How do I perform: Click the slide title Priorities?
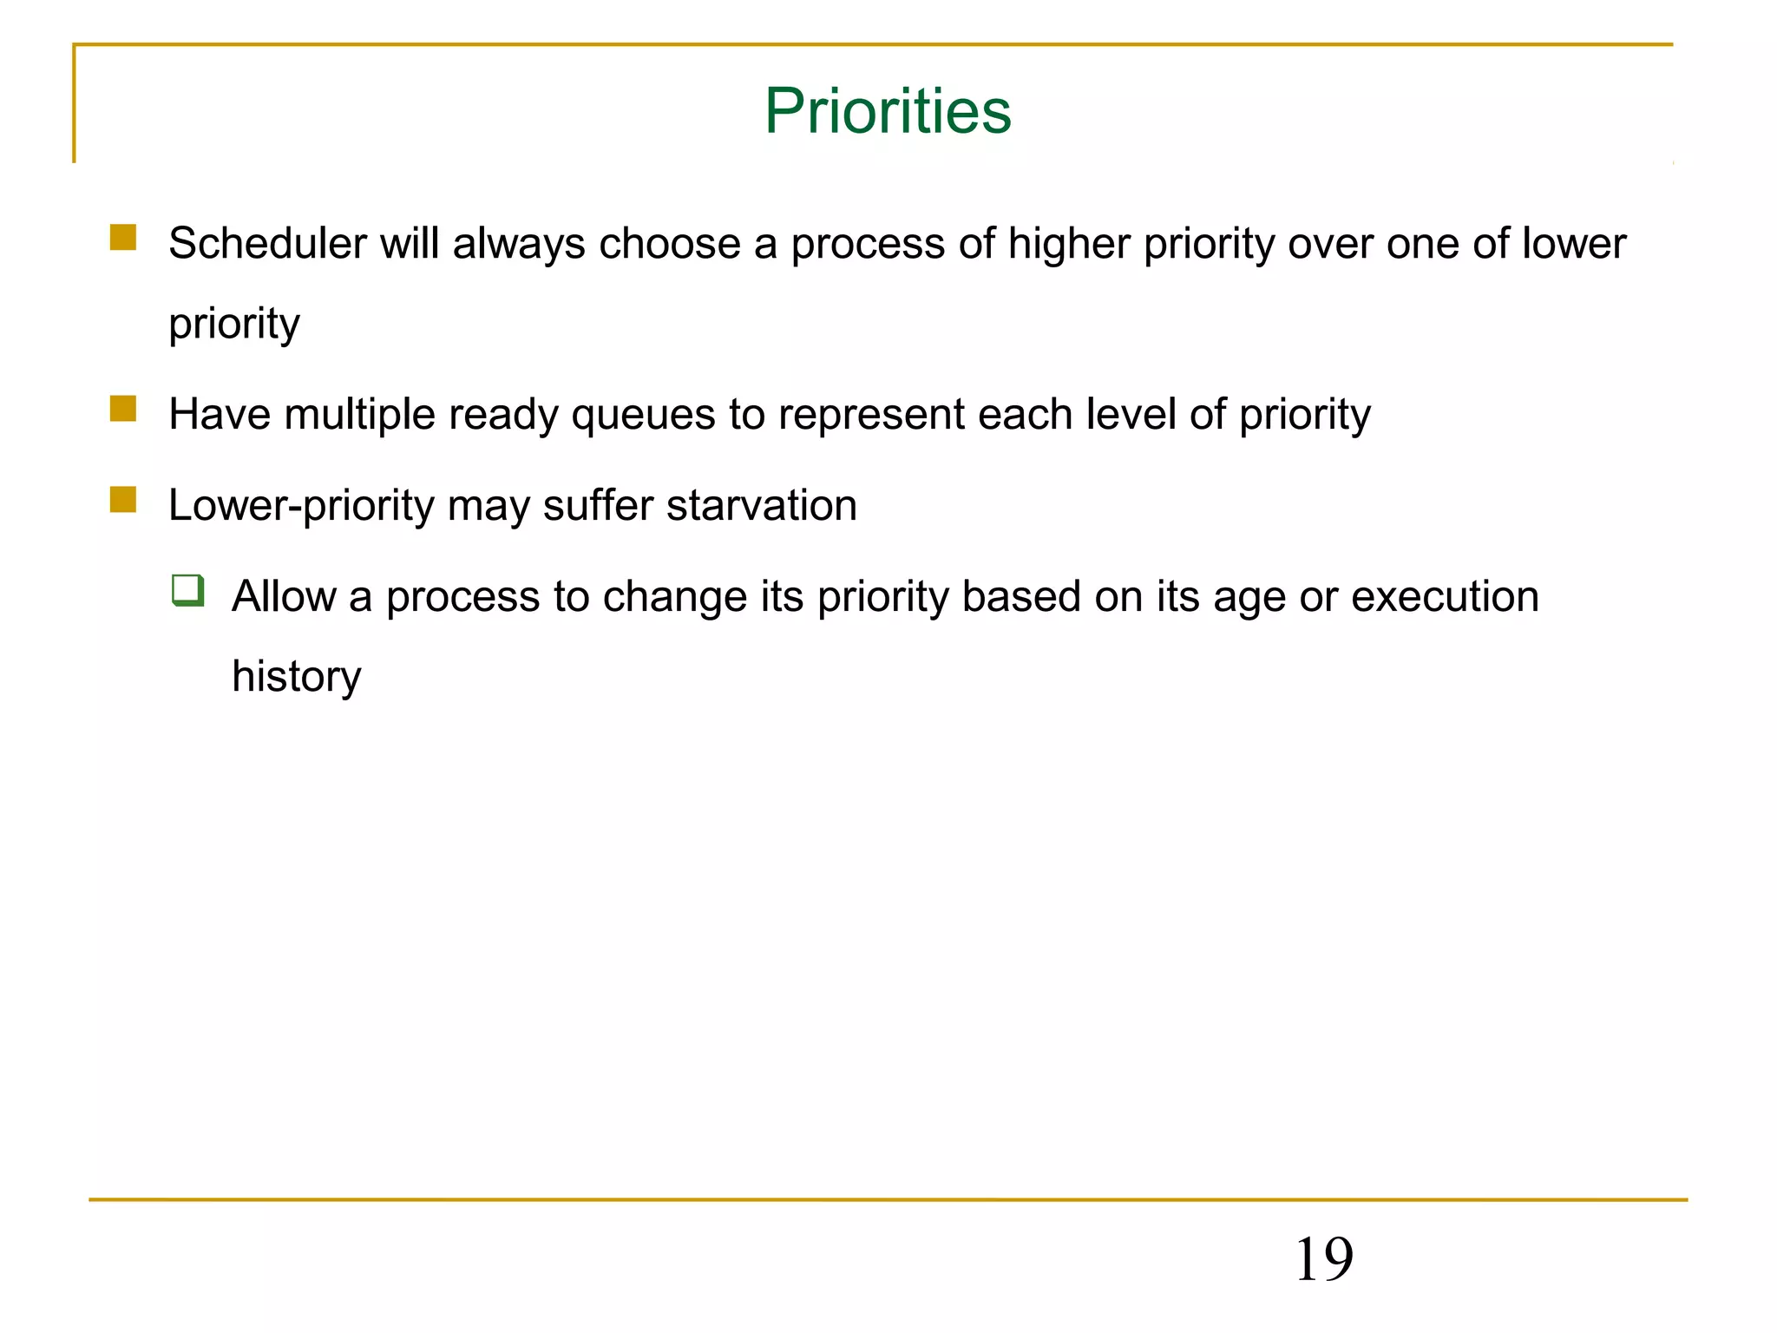888,112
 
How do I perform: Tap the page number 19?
1323,1259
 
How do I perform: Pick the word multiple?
359,415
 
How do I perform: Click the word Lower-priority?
301,507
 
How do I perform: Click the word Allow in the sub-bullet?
284,597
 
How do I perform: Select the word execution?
1445,597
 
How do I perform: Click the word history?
297,677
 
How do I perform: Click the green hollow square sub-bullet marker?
188,590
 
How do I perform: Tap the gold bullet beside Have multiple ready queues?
123,409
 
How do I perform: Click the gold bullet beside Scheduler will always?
123,238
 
